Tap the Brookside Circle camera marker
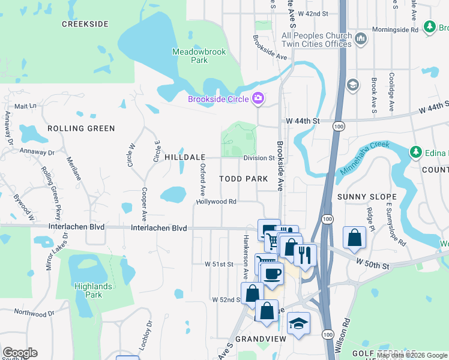point(259,98)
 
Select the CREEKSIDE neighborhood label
point(85,24)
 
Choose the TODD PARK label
point(243,179)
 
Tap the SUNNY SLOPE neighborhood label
point(367,197)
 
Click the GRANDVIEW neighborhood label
point(259,338)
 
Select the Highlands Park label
point(93,290)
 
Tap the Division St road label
point(259,158)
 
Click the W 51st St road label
point(219,263)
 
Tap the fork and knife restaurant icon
point(305,254)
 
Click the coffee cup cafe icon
point(272,273)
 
